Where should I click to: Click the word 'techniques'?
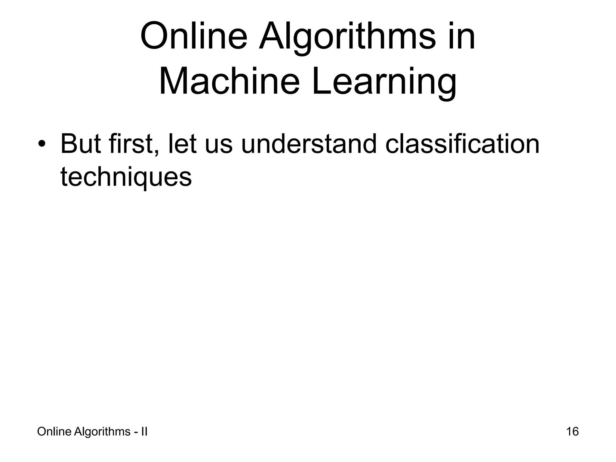point(126,177)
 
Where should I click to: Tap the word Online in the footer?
point(54,432)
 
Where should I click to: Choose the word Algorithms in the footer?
point(102,432)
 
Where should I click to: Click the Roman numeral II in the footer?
point(144,432)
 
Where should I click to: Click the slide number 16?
point(572,432)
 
